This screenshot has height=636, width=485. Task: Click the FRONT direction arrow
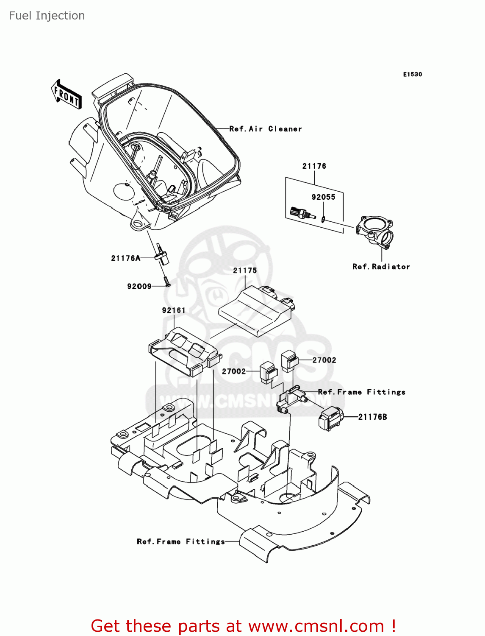point(66,95)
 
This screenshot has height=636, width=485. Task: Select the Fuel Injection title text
point(47,16)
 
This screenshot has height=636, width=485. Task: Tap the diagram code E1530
point(412,74)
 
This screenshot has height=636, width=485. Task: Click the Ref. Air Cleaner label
point(266,129)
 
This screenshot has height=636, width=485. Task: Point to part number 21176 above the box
point(314,166)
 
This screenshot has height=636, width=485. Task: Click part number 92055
point(323,197)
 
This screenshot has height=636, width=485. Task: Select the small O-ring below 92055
point(323,219)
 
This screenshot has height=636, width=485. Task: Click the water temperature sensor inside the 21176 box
point(302,213)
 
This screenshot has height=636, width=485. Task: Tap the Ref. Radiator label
point(381,267)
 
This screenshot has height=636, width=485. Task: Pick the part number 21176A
point(125,258)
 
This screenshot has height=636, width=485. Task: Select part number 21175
point(245,271)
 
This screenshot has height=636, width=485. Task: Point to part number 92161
point(174,310)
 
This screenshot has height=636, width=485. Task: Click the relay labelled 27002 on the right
point(290,361)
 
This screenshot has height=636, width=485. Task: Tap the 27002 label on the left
point(234,371)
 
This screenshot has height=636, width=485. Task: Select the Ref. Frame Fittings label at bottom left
point(181,542)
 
